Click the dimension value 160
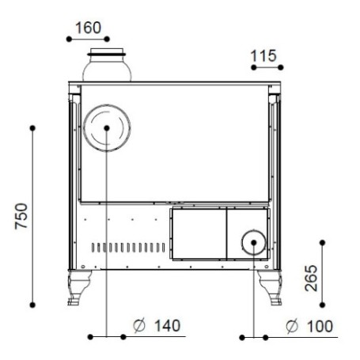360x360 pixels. [88, 28]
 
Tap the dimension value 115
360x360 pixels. [263, 56]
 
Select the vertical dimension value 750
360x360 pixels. [21, 216]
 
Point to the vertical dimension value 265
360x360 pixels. [311, 279]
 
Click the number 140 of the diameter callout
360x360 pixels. [167, 326]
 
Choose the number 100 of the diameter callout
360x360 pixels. [320, 326]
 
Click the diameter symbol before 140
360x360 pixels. [139, 326]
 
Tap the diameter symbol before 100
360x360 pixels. [292, 326]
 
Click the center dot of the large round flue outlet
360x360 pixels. [107, 128]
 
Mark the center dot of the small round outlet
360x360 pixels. [254, 242]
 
